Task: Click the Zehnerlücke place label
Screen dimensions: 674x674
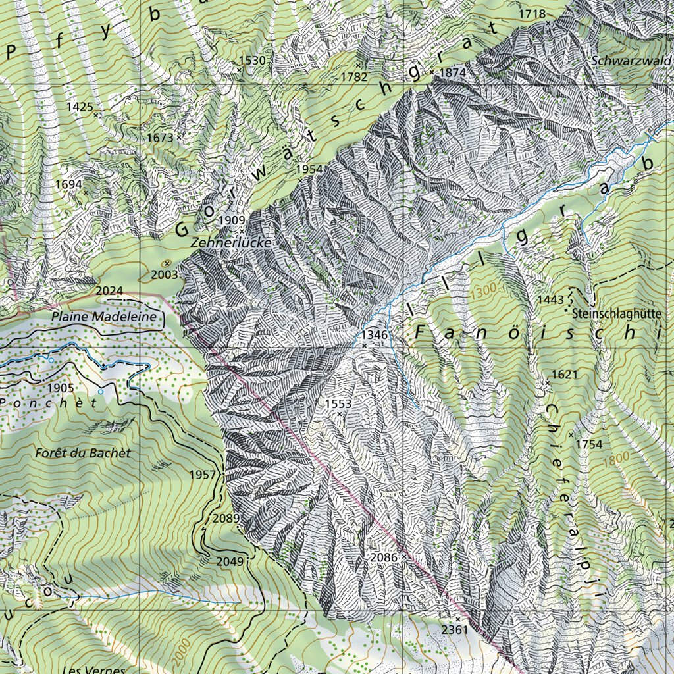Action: click(x=230, y=243)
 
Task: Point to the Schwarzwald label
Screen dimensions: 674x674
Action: click(x=628, y=60)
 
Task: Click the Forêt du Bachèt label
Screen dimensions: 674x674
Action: click(x=83, y=453)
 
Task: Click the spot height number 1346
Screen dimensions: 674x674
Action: click(x=375, y=335)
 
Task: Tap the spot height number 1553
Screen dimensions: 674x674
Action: click(x=338, y=403)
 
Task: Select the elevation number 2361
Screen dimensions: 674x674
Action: click(x=454, y=629)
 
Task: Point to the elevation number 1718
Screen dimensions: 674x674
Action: click(x=532, y=14)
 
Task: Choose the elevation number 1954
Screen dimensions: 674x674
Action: click(x=309, y=169)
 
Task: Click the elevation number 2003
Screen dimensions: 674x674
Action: click(x=164, y=274)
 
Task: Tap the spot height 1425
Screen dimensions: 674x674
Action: click(x=80, y=105)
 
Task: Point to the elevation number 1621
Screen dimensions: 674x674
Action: click(x=564, y=375)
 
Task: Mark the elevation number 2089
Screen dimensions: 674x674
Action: click(x=226, y=519)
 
